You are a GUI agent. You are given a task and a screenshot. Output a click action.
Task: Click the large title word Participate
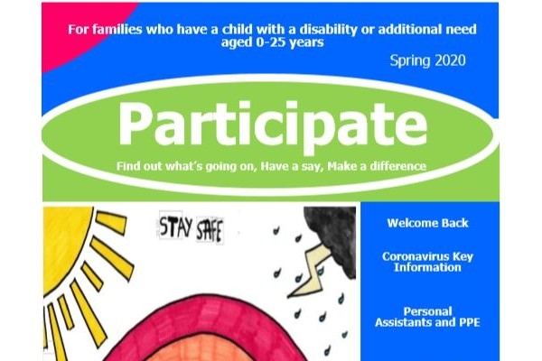tap(273, 125)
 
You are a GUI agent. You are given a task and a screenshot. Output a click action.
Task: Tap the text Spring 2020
tap(427, 60)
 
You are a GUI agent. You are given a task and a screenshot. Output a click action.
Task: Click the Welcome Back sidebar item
tap(427, 223)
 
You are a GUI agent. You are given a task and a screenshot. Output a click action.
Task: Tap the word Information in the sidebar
tap(427, 267)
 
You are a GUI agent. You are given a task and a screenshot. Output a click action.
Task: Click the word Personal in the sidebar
tap(427, 311)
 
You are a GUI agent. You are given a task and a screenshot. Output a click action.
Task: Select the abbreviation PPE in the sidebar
tap(470, 322)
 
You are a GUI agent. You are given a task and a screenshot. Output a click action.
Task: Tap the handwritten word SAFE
tap(210, 230)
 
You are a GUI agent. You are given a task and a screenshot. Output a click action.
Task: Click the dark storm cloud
tap(332, 235)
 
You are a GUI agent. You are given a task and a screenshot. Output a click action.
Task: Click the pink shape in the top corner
tap(76, 28)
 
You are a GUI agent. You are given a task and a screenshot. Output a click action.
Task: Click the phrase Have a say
tap(292, 167)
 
